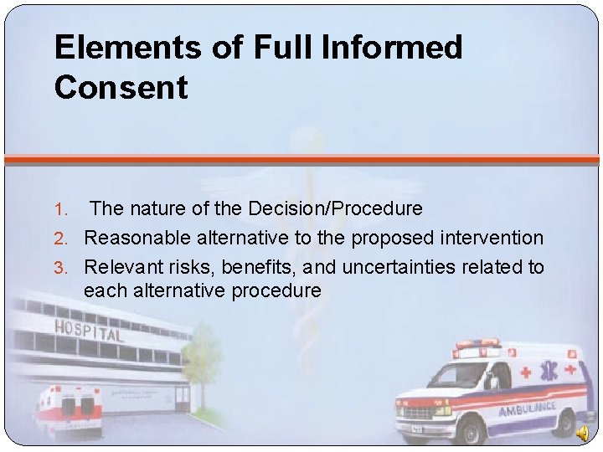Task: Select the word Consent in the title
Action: pos(121,88)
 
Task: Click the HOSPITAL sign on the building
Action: pos(88,330)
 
